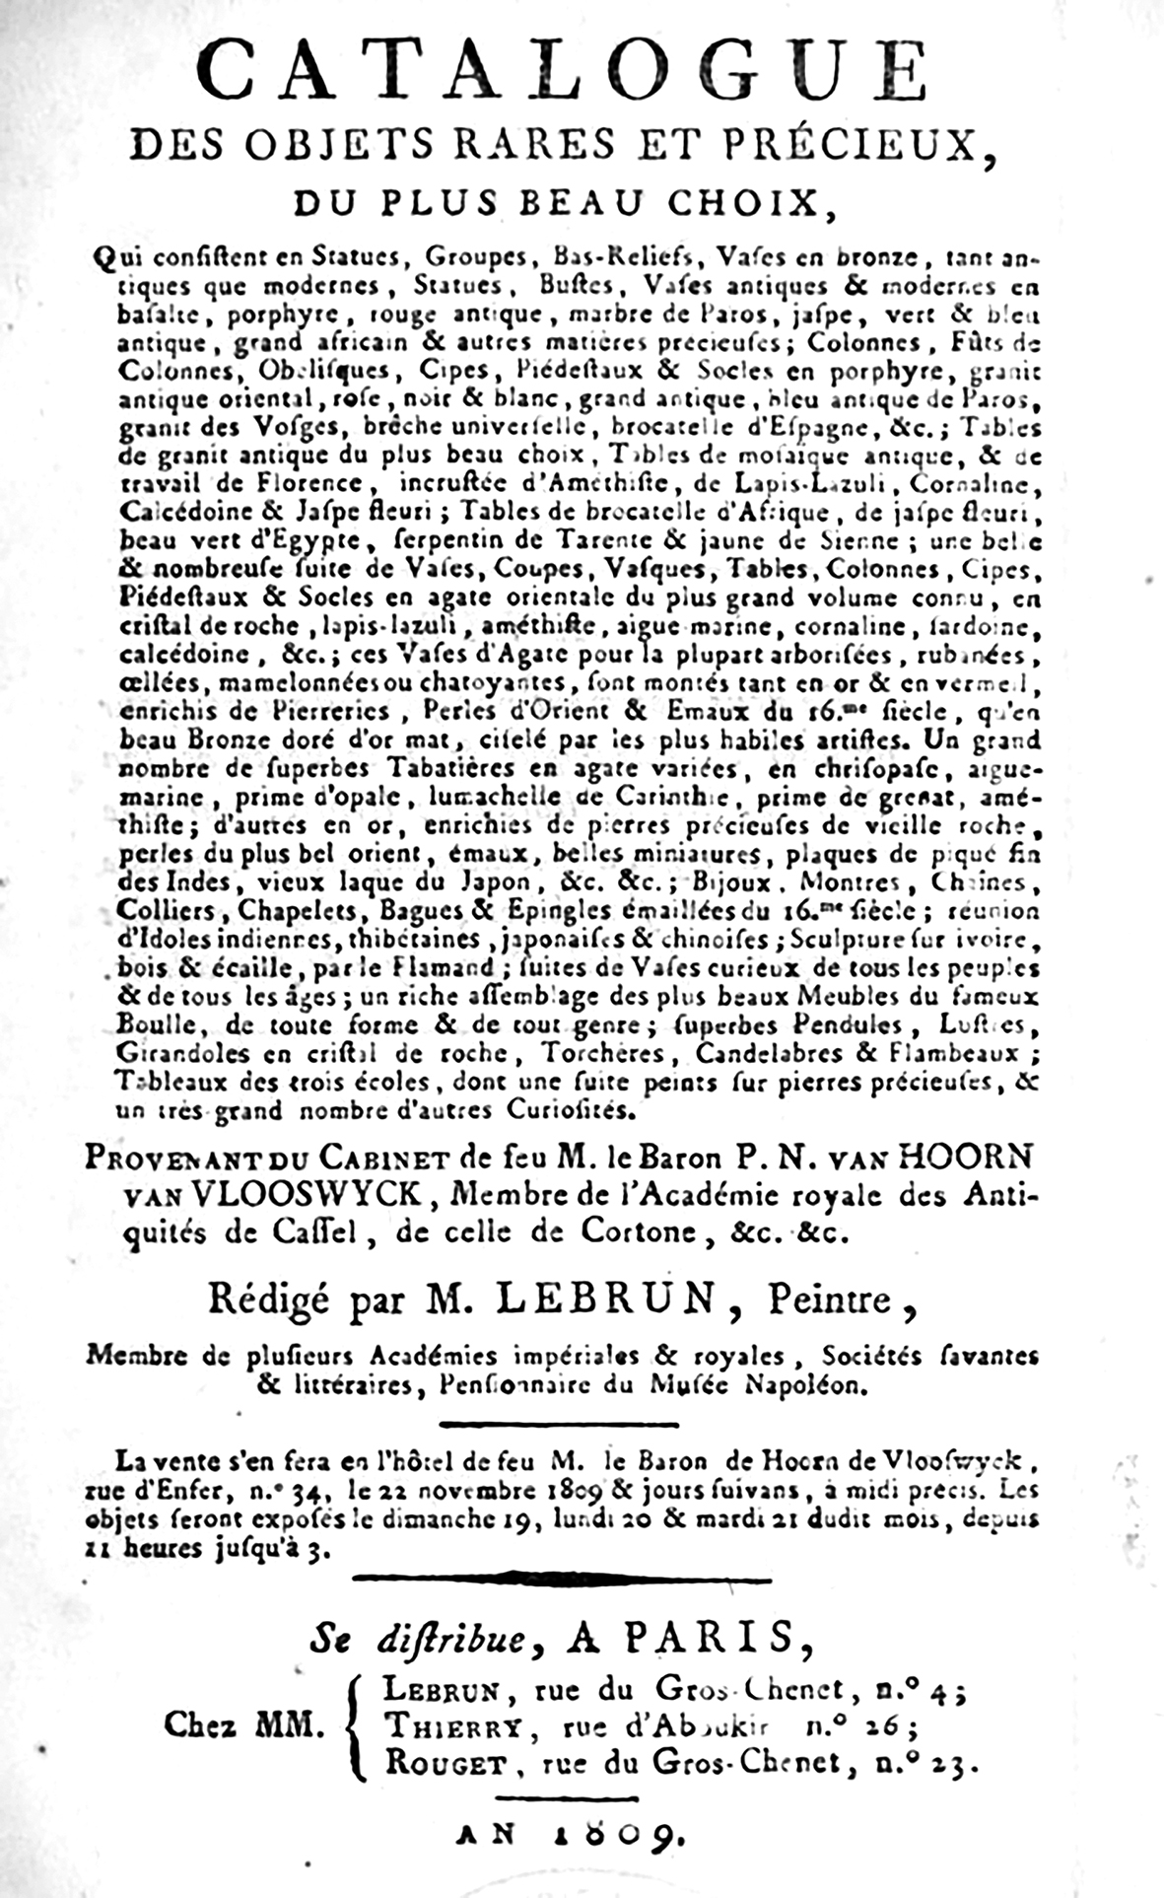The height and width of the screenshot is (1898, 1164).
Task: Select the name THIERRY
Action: click(451, 1725)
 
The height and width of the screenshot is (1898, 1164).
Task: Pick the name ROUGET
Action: click(445, 1763)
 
